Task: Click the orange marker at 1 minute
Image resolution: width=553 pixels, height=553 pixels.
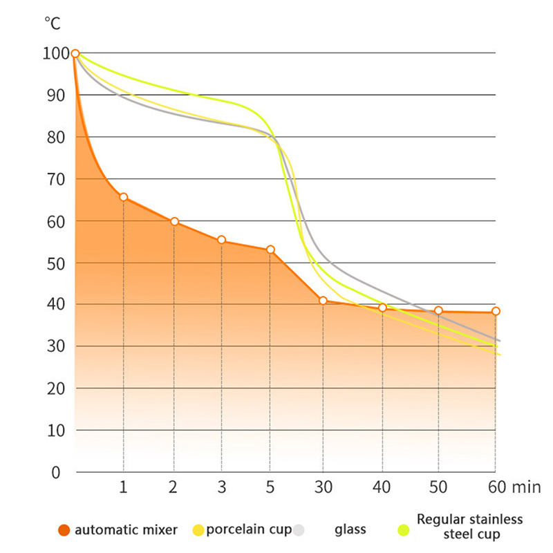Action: (x=124, y=197)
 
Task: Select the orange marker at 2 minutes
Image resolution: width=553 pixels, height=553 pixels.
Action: (x=174, y=221)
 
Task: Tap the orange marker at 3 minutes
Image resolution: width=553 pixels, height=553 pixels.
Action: (x=221, y=240)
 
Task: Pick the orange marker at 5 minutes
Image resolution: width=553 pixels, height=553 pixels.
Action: (x=270, y=250)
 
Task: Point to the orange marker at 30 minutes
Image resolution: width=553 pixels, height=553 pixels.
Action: (x=323, y=301)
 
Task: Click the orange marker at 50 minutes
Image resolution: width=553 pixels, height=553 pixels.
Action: (x=438, y=310)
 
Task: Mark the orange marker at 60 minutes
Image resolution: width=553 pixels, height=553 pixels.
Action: (x=496, y=312)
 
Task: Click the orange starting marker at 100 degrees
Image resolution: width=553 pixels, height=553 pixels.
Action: (x=75, y=54)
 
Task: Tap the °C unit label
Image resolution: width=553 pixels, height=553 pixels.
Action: (x=53, y=24)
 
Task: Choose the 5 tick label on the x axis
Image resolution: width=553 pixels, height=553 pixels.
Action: (x=270, y=487)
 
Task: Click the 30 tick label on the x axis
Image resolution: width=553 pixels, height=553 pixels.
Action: (x=322, y=487)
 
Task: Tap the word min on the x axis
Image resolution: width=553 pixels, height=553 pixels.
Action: (x=527, y=487)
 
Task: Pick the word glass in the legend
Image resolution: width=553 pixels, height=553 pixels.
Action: (x=350, y=530)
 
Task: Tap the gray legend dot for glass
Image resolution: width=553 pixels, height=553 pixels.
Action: (x=299, y=531)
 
